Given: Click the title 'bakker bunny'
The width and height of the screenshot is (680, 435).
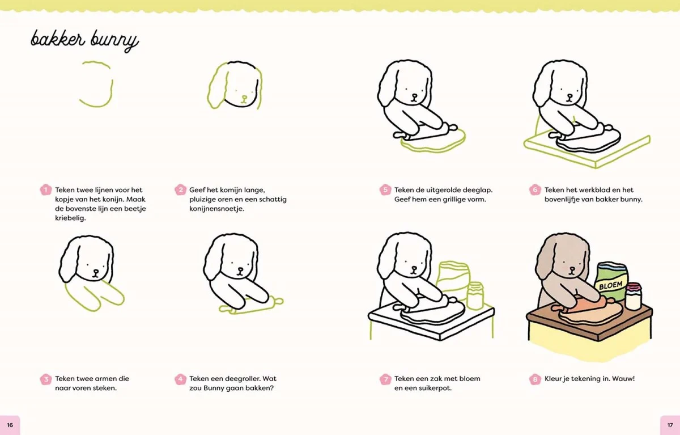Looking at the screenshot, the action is (x=84, y=40).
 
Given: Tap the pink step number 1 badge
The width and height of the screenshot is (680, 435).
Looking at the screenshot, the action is (x=45, y=190).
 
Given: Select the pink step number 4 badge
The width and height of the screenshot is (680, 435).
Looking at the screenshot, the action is (x=180, y=379).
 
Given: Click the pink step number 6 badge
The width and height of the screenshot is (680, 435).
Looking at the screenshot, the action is (x=535, y=190).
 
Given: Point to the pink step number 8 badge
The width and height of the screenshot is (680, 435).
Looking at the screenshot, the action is (x=535, y=379).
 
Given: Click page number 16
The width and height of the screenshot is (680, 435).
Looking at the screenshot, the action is (x=10, y=425).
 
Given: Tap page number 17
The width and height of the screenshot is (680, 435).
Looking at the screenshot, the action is (x=670, y=425).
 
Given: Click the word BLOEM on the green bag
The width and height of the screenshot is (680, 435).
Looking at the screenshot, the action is (x=610, y=285).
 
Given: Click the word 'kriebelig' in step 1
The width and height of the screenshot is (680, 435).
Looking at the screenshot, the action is (x=70, y=218).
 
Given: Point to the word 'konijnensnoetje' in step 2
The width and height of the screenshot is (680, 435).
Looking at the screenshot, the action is (x=216, y=209).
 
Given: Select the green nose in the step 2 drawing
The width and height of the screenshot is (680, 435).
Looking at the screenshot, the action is (x=244, y=98).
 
